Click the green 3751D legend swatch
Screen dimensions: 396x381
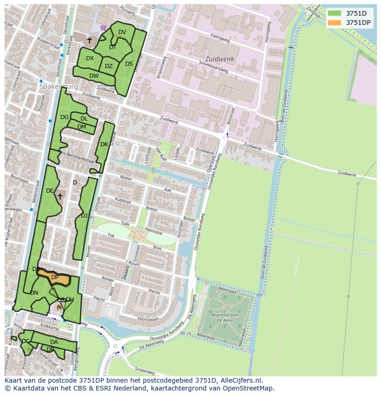[x=335, y=13]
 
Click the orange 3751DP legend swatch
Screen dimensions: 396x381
[x=335, y=23]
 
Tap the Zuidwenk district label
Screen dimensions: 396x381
[x=219, y=59]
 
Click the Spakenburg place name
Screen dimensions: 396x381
[x=58, y=86]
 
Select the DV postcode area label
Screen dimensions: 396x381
[x=122, y=32]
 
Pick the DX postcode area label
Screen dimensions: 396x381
[x=90, y=58]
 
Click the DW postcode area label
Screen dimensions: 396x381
[x=94, y=76]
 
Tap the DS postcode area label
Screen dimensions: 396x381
[x=129, y=64]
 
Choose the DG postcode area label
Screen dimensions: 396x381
[x=64, y=117]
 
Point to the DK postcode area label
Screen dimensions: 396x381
[x=104, y=144]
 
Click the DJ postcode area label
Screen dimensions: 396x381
[x=84, y=215]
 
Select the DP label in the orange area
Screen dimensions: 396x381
[x=54, y=277]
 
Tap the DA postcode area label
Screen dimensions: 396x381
[x=54, y=342]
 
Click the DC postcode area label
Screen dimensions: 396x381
[x=26, y=341]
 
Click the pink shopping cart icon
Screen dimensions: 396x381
[x=103, y=28]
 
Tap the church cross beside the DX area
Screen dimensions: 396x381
[x=89, y=40]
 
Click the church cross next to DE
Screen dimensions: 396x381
[x=60, y=196]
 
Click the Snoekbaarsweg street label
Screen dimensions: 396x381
[x=214, y=67]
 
